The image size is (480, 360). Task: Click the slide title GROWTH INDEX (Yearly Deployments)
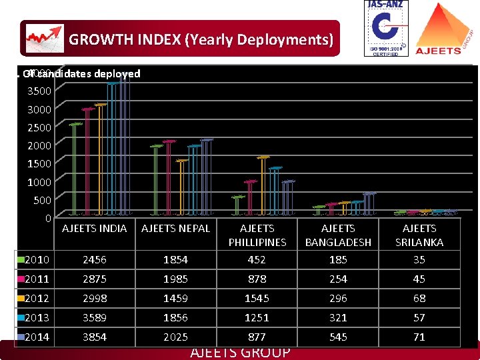[x=201, y=39]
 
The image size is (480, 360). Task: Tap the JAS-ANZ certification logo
[x=386, y=28]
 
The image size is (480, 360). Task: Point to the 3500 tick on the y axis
[x=39, y=90]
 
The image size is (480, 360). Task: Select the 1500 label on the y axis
[x=39, y=163]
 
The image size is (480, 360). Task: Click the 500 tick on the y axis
[x=42, y=199]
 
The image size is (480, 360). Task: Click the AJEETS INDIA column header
[x=94, y=229]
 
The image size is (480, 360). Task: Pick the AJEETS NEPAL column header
[x=175, y=229]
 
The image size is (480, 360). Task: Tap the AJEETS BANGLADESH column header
[x=338, y=235]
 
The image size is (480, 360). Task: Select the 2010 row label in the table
[x=36, y=259]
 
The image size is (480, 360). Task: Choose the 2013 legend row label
[x=36, y=317]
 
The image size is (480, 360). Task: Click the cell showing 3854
[x=94, y=337]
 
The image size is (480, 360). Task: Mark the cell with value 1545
[x=257, y=298]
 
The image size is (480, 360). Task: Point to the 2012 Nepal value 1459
[x=175, y=298]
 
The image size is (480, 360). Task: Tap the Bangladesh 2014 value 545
[x=338, y=337]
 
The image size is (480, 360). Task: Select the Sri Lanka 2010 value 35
[x=419, y=259]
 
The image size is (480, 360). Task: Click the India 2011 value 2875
[x=94, y=279]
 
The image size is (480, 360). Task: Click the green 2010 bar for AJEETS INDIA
[x=75, y=169]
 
